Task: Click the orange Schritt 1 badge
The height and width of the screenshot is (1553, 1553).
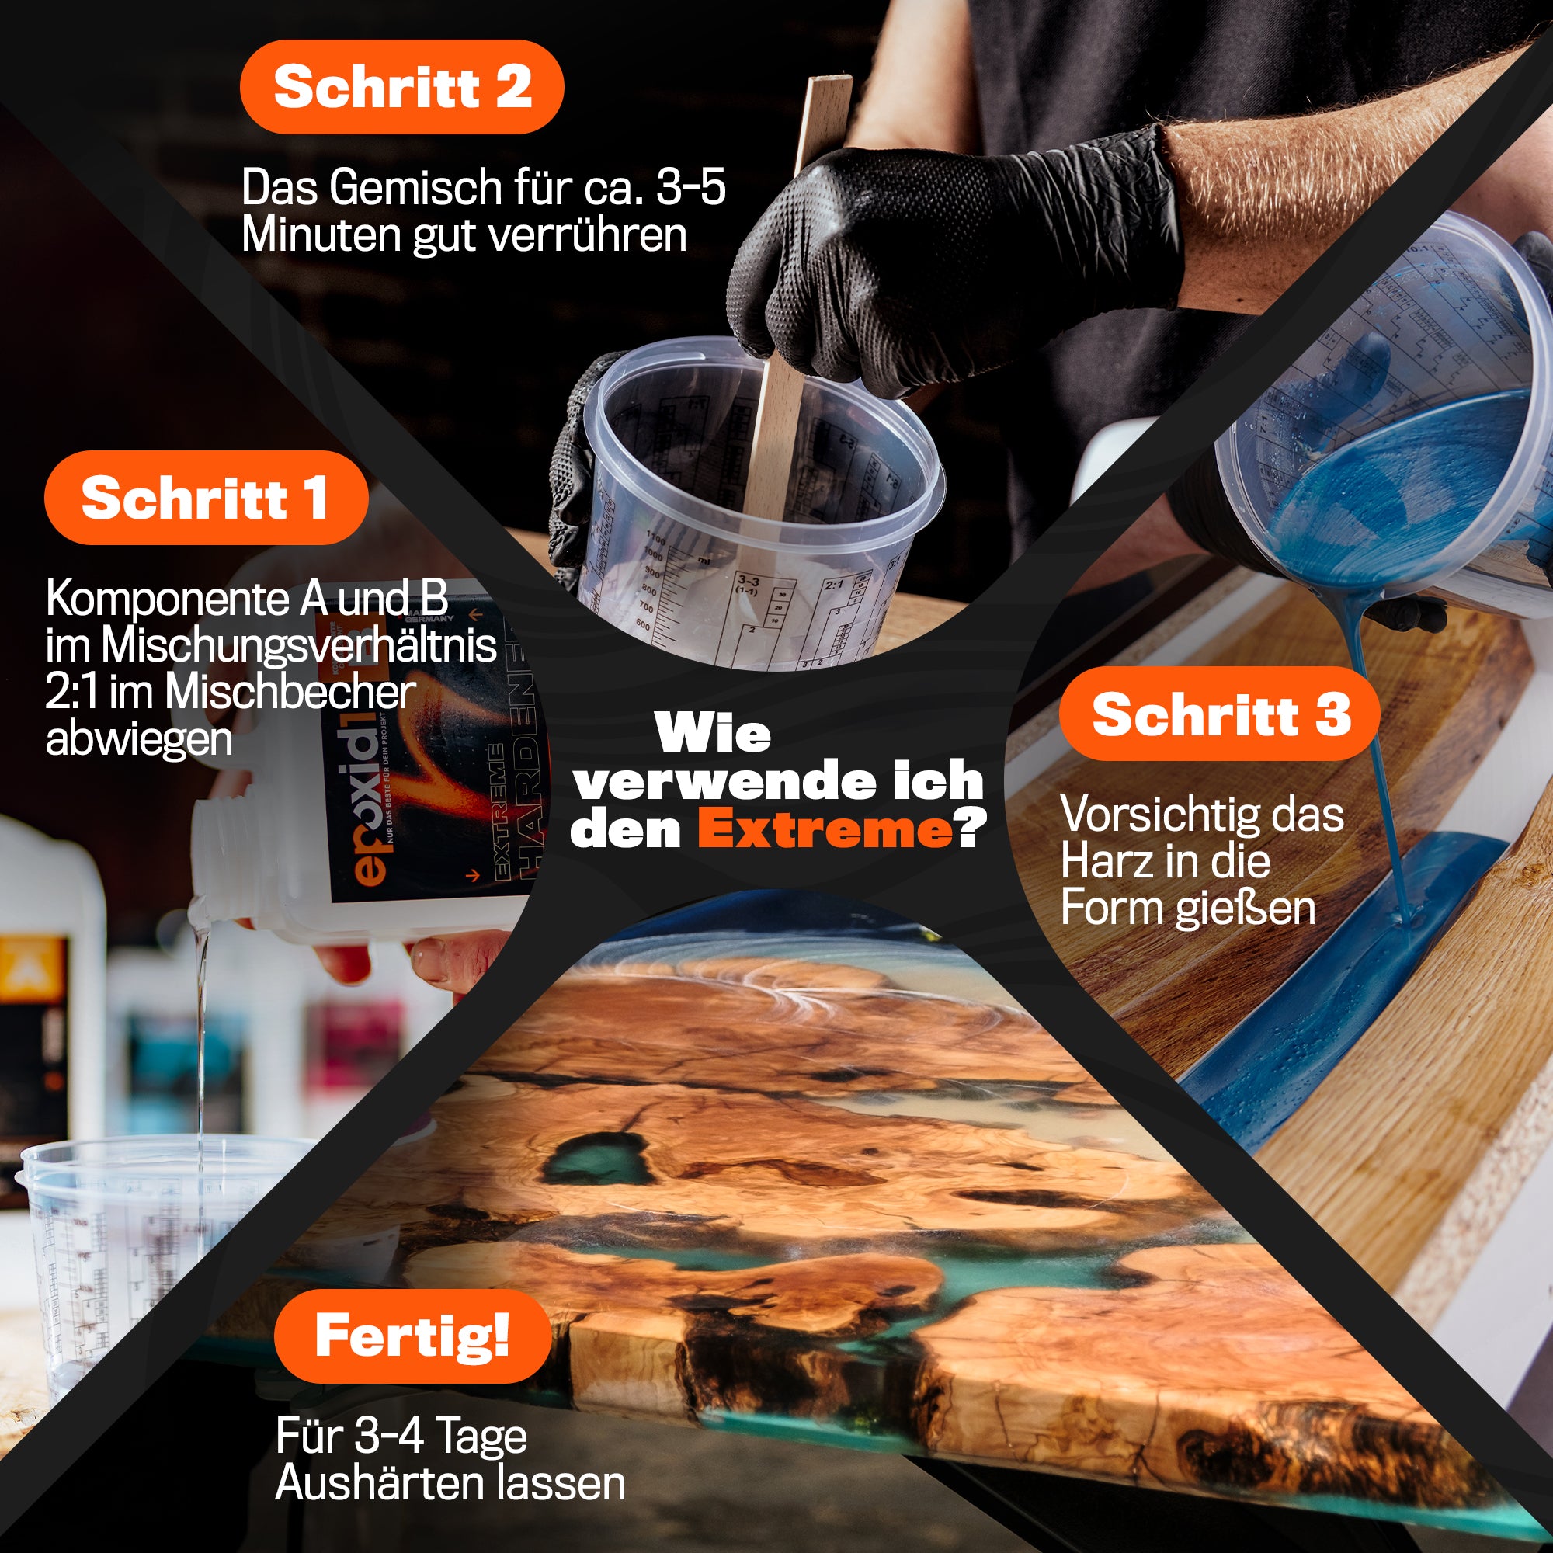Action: (206, 499)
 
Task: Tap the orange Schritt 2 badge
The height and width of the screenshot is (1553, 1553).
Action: (402, 87)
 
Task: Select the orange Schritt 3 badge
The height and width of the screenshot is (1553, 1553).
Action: (1219, 714)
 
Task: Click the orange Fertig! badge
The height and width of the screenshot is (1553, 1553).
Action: (412, 1336)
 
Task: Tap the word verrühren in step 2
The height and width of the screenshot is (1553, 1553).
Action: (588, 235)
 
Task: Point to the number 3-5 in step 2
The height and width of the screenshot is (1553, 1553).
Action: (690, 187)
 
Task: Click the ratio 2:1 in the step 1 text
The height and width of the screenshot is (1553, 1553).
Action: (71, 692)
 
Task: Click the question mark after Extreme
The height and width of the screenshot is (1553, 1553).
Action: (969, 829)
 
